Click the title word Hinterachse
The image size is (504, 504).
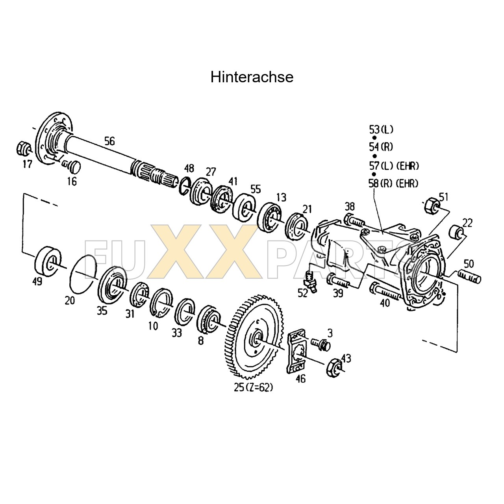pos(252,77)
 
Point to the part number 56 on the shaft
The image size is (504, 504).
pos(109,141)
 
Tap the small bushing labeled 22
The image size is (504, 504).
pos(457,232)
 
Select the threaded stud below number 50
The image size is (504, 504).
pos(469,276)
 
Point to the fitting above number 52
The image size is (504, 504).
pos(310,281)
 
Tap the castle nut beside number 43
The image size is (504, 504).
pos(334,367)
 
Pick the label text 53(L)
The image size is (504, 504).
pos(381,129)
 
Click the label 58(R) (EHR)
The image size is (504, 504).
pos(393,183)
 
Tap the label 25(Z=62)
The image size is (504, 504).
pos(253,387)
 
